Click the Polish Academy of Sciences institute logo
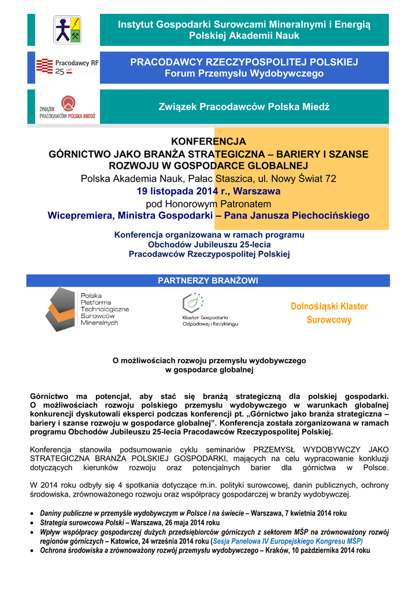click(67, 30)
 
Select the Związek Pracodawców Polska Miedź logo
click(67, 108)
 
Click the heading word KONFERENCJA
click(209, 142)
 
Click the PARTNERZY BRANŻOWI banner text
click(208, 280)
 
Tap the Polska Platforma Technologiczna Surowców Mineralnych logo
click(87, 309)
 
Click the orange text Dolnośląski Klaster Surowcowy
click(328, 313)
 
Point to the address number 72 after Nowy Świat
click(331, 179)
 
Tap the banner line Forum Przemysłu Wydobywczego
click(244, 73)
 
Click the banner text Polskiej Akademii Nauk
click(244, 36)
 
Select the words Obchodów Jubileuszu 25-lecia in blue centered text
click(209, 245)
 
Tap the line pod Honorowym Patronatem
click(209, 203)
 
